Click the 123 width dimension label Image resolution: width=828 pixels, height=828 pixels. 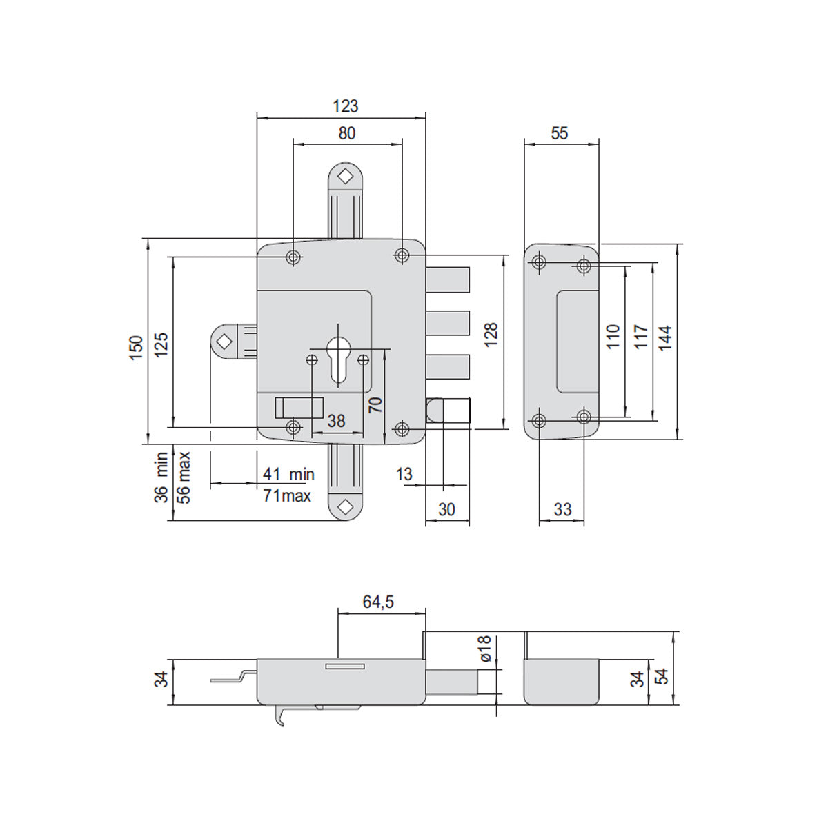[345, 106]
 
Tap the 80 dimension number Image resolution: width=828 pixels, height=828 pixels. [347, 133]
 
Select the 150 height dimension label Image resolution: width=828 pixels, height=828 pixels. [136, 348]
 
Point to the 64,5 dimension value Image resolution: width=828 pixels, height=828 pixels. [378, 602]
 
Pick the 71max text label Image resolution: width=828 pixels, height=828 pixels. [287, 496]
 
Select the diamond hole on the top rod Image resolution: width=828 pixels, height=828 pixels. [345, 176]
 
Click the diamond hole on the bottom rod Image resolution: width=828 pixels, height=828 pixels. [345, 507]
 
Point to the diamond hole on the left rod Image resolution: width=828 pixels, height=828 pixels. [225, 342]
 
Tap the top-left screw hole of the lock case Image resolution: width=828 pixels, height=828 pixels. [293, 257]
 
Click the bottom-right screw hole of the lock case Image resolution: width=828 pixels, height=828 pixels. [402, 428]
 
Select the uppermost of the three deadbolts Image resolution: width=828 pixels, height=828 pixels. [448, 279]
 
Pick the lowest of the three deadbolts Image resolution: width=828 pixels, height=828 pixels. [448, 366]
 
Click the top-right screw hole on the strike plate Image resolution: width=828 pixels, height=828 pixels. [583, 266]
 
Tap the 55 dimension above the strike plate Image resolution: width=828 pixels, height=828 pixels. [559, 133]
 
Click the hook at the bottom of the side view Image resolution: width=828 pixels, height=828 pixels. [278, 716]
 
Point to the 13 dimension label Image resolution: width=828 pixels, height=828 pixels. [404, 474]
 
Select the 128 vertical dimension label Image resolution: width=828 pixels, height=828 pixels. [491, 334]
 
